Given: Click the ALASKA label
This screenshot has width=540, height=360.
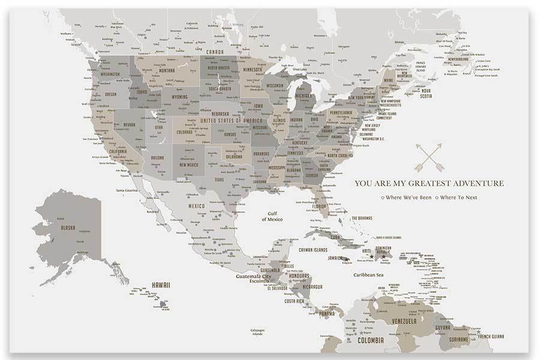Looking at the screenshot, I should tap(67, 227).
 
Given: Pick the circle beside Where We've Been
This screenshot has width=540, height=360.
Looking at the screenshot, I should tap(383, 197).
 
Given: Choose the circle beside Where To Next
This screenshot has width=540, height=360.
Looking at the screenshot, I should tap(437, 197).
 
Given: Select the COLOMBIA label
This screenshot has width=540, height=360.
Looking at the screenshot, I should tap(370, 340).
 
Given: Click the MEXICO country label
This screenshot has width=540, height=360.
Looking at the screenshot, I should tap(197, 206).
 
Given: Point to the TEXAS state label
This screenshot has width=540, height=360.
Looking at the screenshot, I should tap(219, 179).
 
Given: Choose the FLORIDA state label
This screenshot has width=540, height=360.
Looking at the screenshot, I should tap(319, 207).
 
